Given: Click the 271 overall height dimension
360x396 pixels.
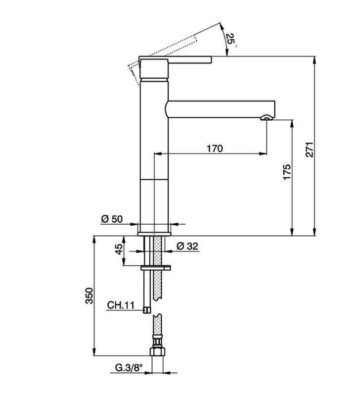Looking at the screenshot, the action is click(309, 149).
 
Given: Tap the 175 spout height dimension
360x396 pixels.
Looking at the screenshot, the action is click(287, 172).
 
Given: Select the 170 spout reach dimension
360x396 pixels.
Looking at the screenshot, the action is click(215, 148).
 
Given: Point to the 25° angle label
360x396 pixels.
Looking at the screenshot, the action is click(230, 40).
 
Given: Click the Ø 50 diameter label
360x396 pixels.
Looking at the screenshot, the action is click(112, 219).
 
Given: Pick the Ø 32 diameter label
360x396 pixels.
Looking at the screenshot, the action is click(187, 246).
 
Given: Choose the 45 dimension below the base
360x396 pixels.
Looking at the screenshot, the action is click(119, 249).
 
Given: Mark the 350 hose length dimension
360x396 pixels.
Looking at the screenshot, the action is click(89, 296).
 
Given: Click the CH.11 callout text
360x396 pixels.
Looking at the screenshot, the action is click(121, 305).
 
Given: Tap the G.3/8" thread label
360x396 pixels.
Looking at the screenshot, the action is click(129, 368).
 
